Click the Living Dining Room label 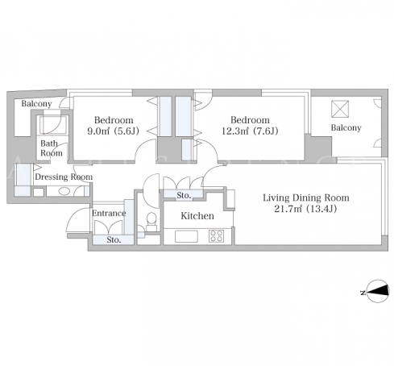pyautogui.click(x=306, y=198)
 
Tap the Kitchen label pyautogui.click(x=197, y=216)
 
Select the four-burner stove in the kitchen pyautogui.click(x=216, y=236)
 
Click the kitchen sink pyautogui.click(x=186, y=236)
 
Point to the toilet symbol pyautogui.click(x=151, y=222)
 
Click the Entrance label pyautogui.click(x=109, y=213)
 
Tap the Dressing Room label pyautogui.click(x=64, y=177)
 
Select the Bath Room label pyautogui.click(x=52, y=148)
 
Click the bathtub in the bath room pyautogui.click(x=53, y=124)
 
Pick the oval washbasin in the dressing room pyautogui.click(x=64, y=191)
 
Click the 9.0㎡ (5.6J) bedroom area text pyautogui.click(x=113, y=131)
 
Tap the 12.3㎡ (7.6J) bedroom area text pyautogui.click(x=250, y=131)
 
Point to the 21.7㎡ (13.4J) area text pyautogui.click(x=305, y=209)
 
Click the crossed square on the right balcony pyautogui.click(x=340, y=109)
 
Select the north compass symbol pyautogui.click(x=378, y=291)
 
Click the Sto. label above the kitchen pyautogui.click(x=184, y=195)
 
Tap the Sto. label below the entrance pyautogui.click(x=114, y=239)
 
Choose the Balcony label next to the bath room pyautogui.click(x=36, y=104)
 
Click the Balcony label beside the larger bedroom pyautogui.click(x=346, y=127)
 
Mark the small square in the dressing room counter pyautogui.click(x=39, y=192)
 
